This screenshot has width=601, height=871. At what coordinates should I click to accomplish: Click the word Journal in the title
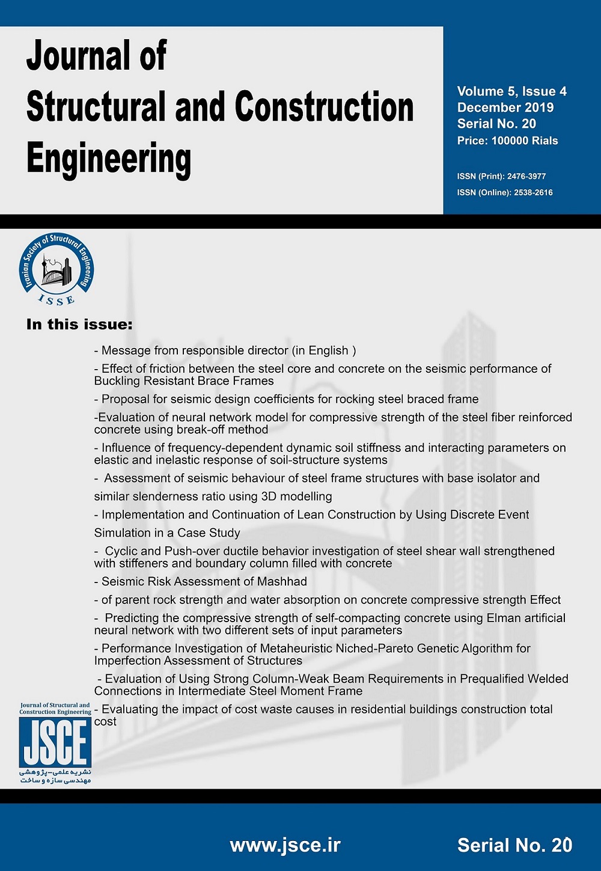click(77, 57)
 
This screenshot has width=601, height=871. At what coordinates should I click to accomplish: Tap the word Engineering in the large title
click(109, 159)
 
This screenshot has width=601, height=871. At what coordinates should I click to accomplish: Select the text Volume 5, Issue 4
click(511, 91)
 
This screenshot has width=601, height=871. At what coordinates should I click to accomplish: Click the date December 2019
click(505, 108)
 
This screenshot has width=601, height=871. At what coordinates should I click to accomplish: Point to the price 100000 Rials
click(524, 141)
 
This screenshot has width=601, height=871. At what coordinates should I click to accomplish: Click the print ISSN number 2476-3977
click(526, 176)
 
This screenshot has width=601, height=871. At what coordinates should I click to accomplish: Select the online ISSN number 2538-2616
click(533, 192)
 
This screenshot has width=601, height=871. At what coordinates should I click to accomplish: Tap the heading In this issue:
click(79, 325)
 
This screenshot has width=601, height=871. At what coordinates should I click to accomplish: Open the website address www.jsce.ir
click(285, 845)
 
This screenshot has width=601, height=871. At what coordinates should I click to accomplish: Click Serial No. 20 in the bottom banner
click(514, 845)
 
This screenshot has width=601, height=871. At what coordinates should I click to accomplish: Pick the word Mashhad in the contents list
click(282, 581)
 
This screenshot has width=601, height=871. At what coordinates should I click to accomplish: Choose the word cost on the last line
click(105, 721)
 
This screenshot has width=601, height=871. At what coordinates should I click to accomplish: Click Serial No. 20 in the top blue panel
click(496, 124)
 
